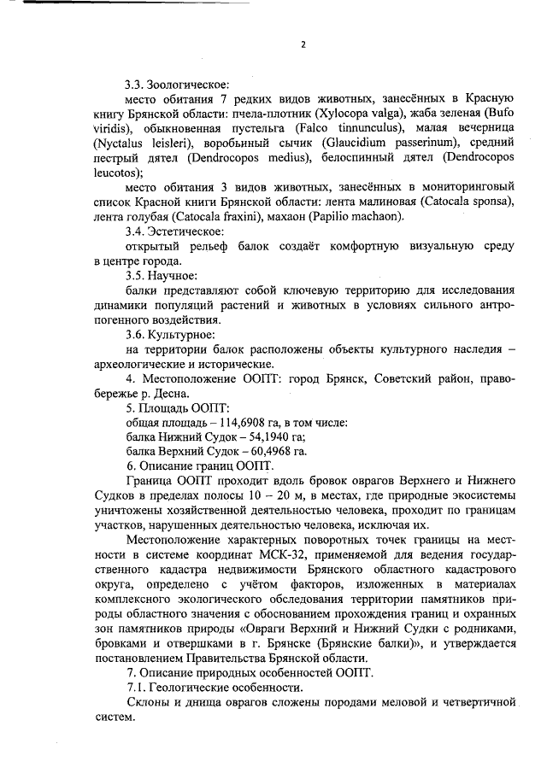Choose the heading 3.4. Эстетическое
(174, 231)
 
